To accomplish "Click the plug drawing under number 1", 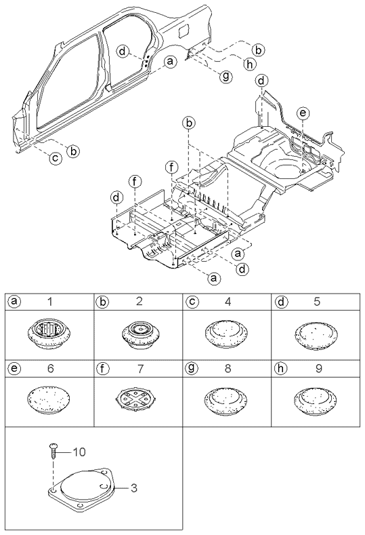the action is [49, 334].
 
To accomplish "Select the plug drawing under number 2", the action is [139, 334].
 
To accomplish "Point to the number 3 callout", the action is [134, 488].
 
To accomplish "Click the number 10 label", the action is [79, 452].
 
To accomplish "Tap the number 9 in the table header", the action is [318, 368].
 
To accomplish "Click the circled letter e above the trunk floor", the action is [303, 113].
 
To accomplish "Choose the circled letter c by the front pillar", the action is [56, 158].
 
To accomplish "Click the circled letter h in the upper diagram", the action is [250, 64].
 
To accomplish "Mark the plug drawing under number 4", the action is [227, 334].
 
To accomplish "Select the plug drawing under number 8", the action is [226, 401].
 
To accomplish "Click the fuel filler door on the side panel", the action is [184, 31].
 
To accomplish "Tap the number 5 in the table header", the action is [317, 302].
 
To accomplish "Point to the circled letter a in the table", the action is [14, 301].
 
